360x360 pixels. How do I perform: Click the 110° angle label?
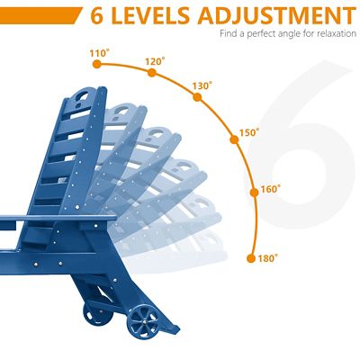(x=99, y=53)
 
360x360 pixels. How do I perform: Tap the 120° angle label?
(x=155, y=61)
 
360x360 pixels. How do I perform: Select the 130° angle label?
(x=202, y=86)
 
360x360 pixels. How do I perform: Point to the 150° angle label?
(x=249, y=132)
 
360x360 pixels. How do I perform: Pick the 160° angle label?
(x=271, y=190)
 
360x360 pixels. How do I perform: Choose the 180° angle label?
(x=268, y=258)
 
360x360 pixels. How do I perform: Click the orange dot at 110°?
(x=96, y=64)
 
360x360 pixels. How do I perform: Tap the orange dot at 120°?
(x=152, y=73)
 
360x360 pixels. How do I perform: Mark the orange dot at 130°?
(x=197, y=97)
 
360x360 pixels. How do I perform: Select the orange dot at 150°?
(x=234, y=139)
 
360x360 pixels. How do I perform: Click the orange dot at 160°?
(x=254, y=193)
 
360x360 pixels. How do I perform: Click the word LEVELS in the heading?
(x=151, y=15)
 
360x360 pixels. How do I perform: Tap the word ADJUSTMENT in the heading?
(x=276, y=15)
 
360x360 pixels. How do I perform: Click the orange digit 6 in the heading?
(x=97, y=15)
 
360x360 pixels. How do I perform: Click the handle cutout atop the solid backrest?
(x=81, y=95)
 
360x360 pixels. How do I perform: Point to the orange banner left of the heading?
(x=40, y=15)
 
